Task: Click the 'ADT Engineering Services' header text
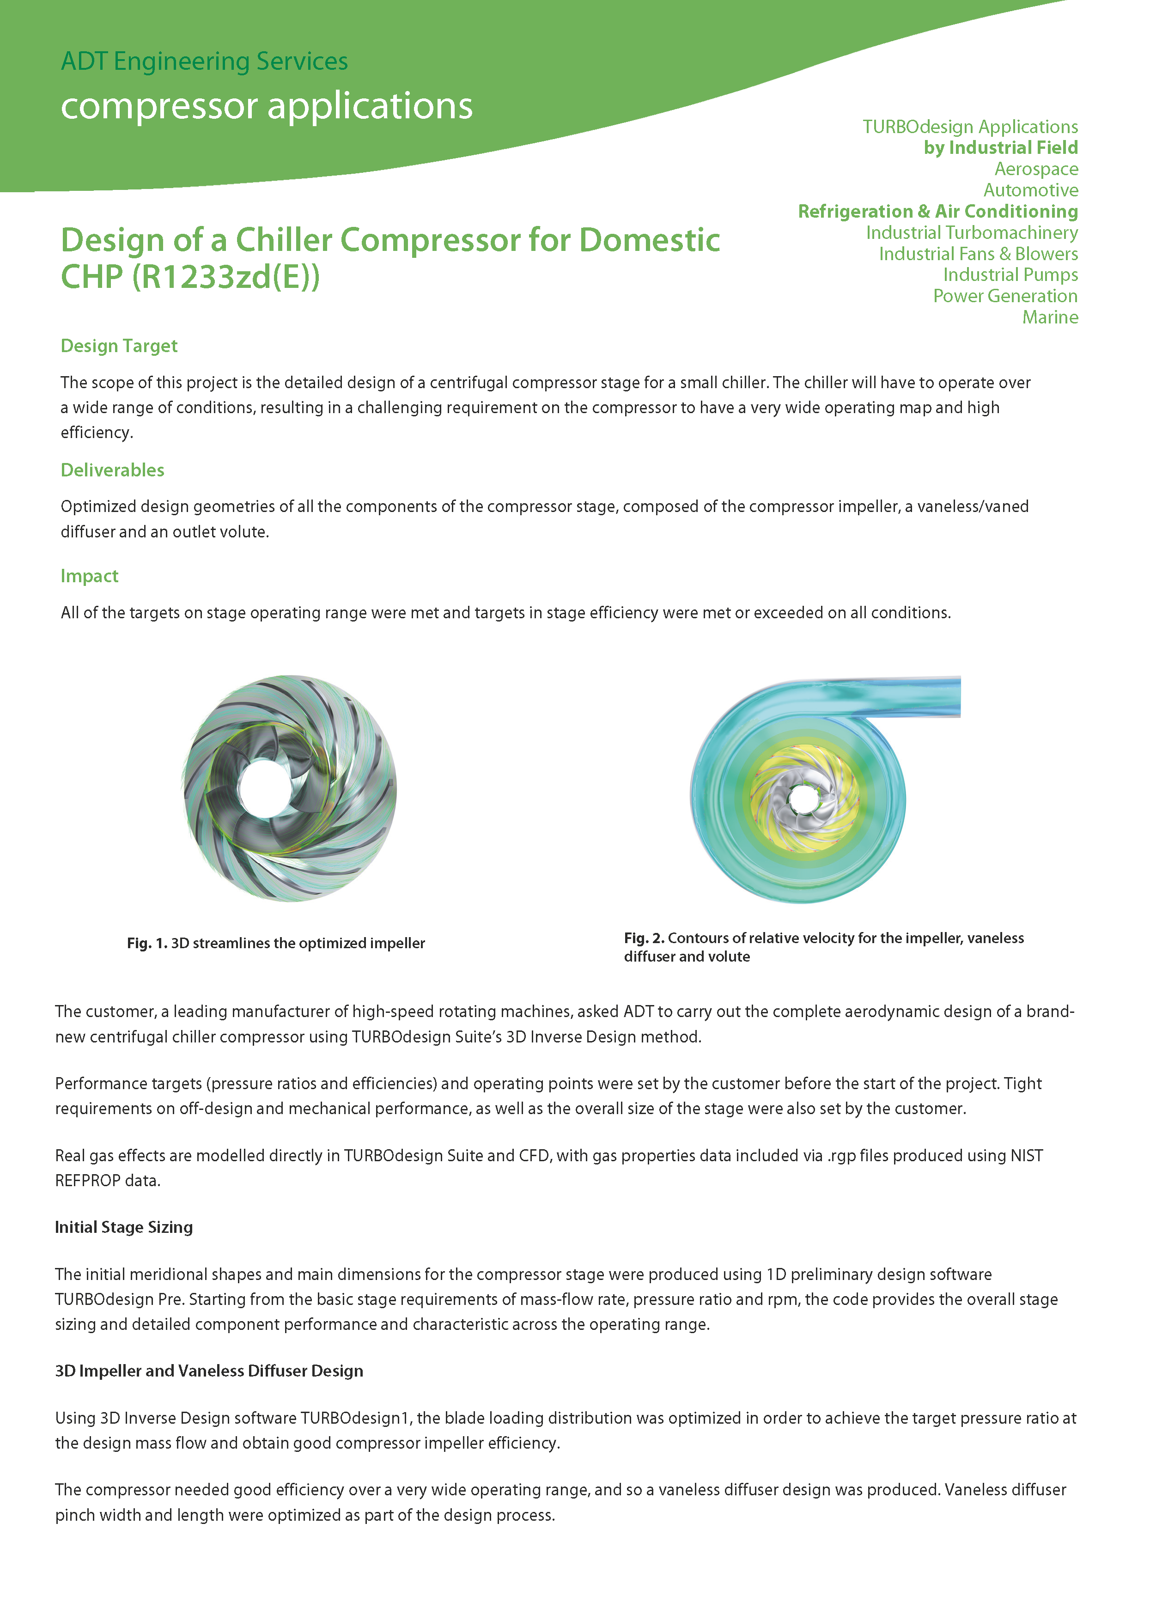click(x=204, y=61)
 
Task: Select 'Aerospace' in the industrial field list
click(x=1035, y=169)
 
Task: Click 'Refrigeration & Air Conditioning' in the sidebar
click(x=937, y=212)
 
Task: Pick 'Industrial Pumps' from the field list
click(x=1010, y=275)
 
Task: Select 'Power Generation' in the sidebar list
click(x=1005, y=296)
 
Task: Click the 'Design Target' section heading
click(x=119, y=346)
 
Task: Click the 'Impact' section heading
click(x=89, y=576)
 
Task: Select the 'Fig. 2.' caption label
click(x=644, y=938)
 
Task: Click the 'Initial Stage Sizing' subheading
click(x=124, y=1227)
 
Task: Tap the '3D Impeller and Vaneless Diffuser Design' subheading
click(x=209, y=1371)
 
